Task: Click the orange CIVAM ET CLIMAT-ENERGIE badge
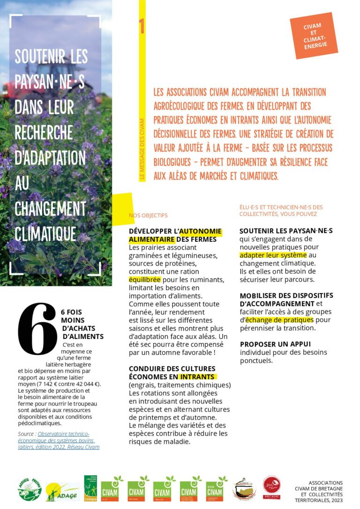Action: tap(314, 36)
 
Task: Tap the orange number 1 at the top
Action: tap(142, 26)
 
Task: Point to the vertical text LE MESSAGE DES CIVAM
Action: tap(142, 150)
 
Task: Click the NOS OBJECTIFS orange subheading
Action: tap(148, 216)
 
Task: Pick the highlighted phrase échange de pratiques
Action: tap(279, 320)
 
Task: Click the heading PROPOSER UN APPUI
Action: tap(275, 344)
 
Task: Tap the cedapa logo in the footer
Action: tap(90, 488)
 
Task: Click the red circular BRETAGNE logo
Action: tap(271, 488)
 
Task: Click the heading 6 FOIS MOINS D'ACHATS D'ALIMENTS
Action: tap(82, 324)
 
